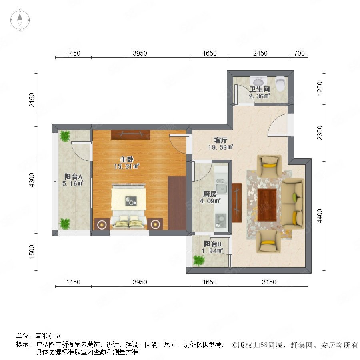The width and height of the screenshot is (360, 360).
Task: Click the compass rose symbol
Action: click(20, 20)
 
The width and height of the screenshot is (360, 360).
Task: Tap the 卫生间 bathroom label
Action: click(260, 89)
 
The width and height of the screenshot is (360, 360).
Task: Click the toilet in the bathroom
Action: click(280, 84)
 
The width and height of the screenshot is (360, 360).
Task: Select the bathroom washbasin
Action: click(259, 82)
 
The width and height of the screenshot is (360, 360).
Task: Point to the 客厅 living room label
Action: click(221, 140)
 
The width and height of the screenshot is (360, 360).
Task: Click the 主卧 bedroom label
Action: click(127, 159)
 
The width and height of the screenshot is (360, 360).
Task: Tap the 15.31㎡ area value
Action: click(127, 166)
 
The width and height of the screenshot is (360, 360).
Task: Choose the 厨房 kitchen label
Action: click(210, 194)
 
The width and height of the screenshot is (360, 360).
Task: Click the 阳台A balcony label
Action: click(73, 176)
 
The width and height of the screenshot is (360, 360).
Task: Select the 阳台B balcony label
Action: click(213, 244)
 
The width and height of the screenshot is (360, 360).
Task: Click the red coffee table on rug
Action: click(267, 205)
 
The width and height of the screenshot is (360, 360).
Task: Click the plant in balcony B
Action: click(198, 260)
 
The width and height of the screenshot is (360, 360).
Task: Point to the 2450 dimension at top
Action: click(260, 53)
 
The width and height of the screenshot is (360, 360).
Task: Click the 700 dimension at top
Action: click(299, 53)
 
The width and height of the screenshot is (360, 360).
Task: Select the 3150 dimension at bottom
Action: click(269, 282)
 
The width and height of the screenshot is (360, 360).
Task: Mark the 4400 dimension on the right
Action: click(320, 216)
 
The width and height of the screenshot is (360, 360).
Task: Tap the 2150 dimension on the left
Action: click(32, 100)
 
